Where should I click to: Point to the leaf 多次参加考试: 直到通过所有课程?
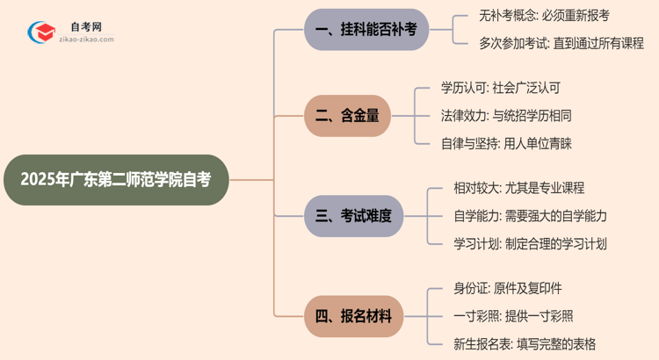pyautogui.click(x=549, y=43)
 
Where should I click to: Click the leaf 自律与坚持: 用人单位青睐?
pyautogui.click(x=507, y=143)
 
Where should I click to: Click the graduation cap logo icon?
pyautogui.click(x=40, y=32)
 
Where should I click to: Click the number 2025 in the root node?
pyautogui.click(x=37, y=180)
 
